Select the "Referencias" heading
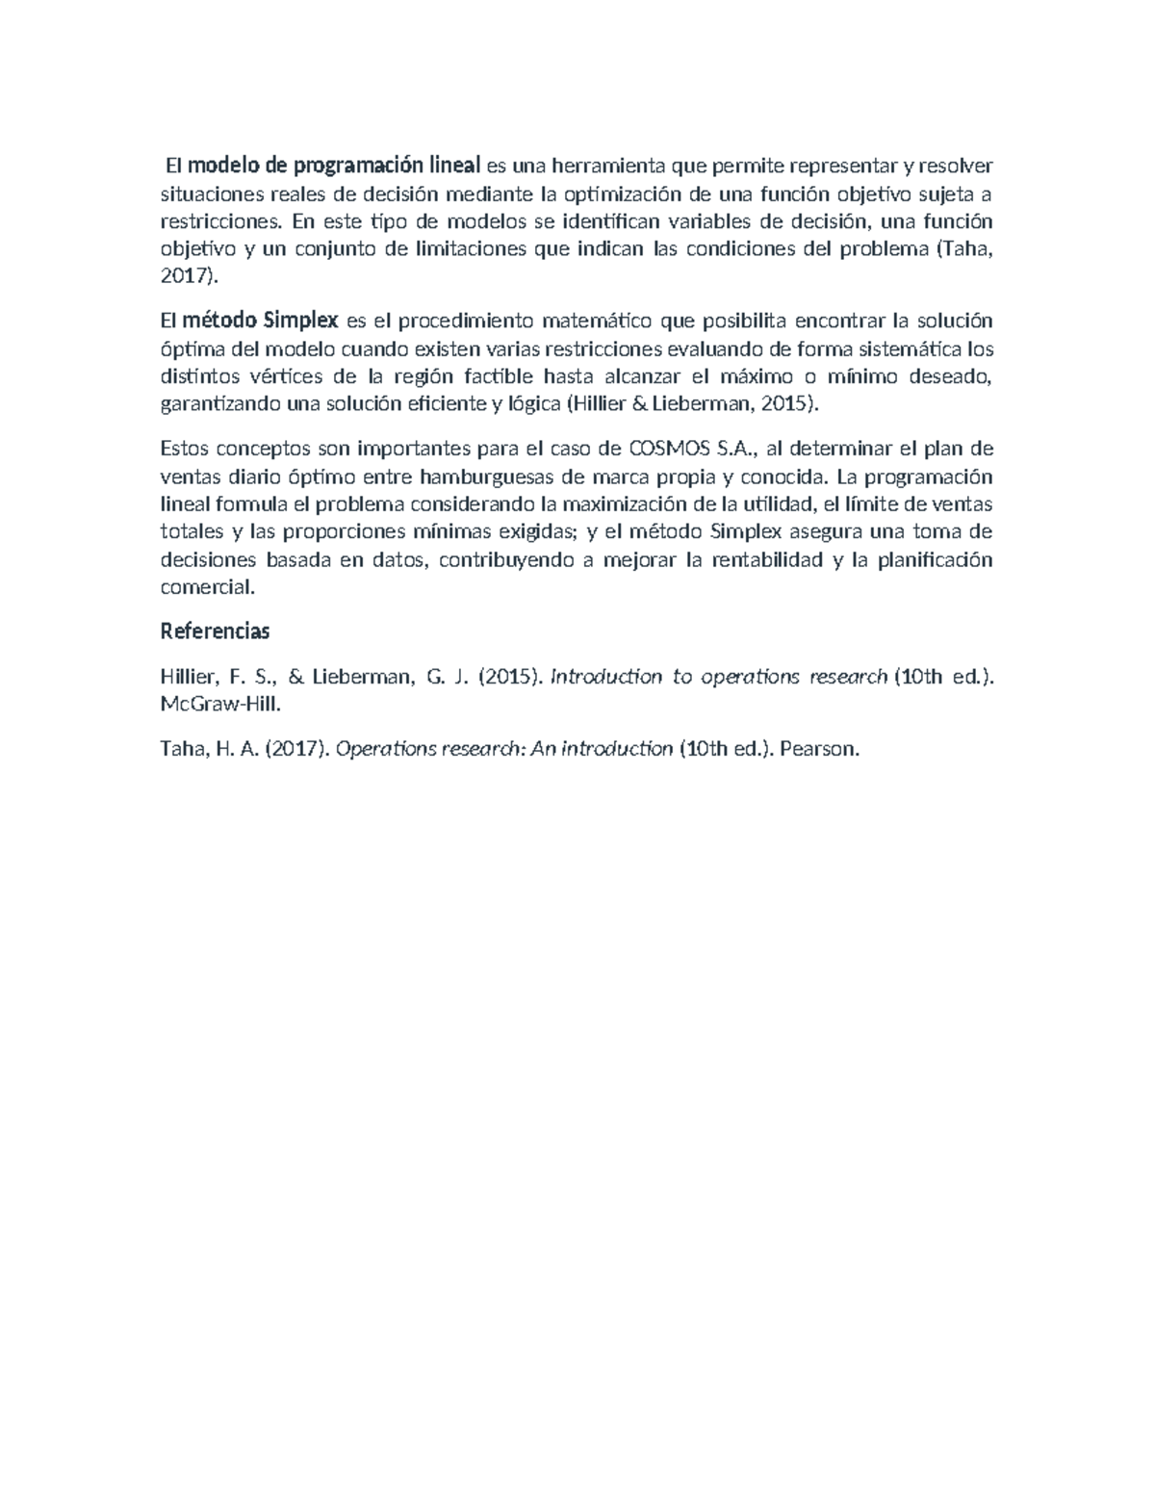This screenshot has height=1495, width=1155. tap(215, 632)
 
